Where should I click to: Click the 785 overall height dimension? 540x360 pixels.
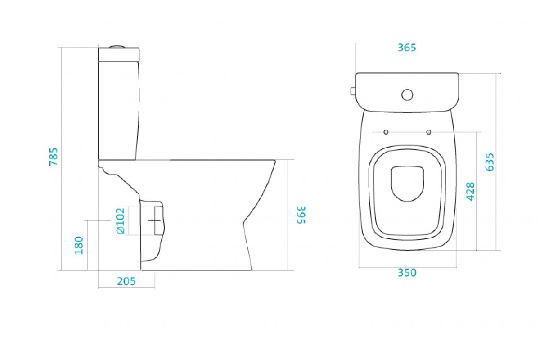[54, 157]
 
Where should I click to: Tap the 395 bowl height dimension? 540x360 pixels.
[301, 215]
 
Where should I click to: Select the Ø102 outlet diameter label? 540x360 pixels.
[121, 221]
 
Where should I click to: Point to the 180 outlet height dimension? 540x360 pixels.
[79, 245]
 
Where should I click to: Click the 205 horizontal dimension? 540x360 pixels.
[126, 281]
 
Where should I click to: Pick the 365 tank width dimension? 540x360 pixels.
[407, 48]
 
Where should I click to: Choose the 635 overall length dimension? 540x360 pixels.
[490, 162]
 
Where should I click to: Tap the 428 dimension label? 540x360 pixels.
[470, 191]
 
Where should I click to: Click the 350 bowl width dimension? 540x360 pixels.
[407, 273]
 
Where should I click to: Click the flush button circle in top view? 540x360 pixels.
[407, 95]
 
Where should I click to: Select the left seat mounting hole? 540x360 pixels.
[386, 132]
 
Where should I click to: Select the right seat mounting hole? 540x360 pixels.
[428, 132]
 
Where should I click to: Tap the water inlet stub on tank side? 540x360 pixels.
[353, 91]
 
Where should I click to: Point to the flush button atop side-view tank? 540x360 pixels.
[117, 46]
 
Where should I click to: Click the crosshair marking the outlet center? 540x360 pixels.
[154, 220]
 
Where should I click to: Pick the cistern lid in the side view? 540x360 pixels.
[119, 55]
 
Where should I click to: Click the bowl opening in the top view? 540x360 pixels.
[407, 184]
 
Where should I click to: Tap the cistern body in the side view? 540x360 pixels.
[119, 111]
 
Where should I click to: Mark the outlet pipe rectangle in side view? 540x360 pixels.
[158, 220]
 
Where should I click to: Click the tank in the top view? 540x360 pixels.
[407, 92]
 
